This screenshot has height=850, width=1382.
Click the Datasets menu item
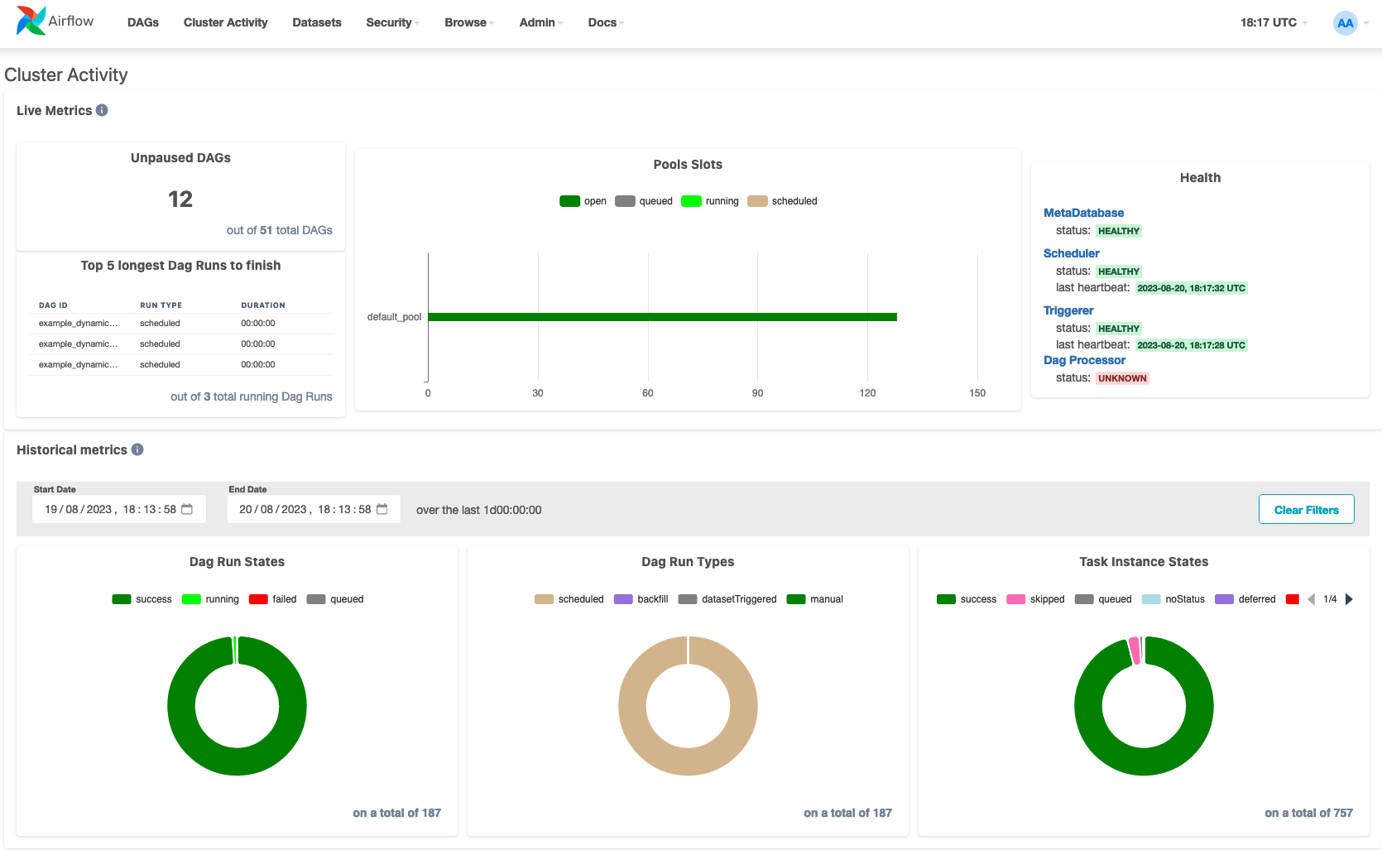point(316,22)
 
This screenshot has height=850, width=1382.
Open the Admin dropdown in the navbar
point(540,22)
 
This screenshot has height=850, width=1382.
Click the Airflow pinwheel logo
point(31,21)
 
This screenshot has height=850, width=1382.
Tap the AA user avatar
point(1345,23)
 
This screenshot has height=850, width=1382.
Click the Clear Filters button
point(1306,510)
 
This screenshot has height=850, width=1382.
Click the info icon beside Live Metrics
point(102,110)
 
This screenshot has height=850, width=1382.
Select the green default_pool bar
point(662,317)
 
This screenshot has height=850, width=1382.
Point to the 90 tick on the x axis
point(758,393)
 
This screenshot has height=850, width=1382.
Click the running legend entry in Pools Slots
point(709,201)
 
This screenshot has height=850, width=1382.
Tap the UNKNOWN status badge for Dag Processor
point(1122,378)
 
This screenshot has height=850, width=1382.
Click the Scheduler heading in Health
point(1071,253)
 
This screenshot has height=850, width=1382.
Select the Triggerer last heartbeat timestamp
point(1192,345)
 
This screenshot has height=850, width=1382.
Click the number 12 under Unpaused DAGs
point(180,199)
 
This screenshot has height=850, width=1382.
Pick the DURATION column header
point(263,305)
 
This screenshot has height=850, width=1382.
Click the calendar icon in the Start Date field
point(187,509)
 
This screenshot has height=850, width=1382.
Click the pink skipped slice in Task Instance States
point(1134,651)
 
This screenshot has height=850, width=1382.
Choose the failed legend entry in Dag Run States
point(273,599)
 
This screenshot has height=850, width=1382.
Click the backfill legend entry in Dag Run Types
point(641,599)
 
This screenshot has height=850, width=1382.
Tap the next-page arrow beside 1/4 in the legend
point(1349,599)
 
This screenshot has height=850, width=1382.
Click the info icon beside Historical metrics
point(137,449)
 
